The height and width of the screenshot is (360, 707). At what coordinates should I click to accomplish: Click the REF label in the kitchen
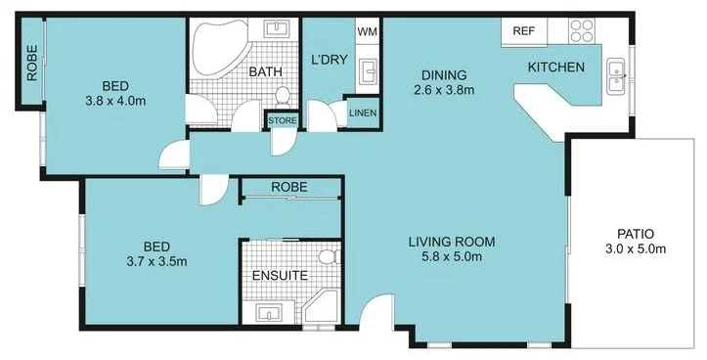[523, 31]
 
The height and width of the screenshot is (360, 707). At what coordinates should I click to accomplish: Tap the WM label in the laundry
[367, 32]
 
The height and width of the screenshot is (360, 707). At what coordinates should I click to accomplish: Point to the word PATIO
[636, 234]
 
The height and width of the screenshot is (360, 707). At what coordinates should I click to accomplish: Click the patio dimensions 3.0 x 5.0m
[636, 249]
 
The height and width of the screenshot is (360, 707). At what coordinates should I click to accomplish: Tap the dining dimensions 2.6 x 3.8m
[444, 91]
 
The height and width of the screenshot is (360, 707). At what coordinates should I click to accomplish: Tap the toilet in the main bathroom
[284, 96]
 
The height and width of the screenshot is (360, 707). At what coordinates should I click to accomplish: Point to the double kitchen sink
[616, 77]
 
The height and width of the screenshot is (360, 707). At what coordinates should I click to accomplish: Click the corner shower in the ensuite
[321, 310]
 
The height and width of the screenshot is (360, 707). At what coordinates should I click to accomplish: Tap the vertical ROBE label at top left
[32, 63]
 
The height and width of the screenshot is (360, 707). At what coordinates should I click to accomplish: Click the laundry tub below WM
[368, 71]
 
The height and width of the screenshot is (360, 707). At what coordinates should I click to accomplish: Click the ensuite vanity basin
[270, 313]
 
